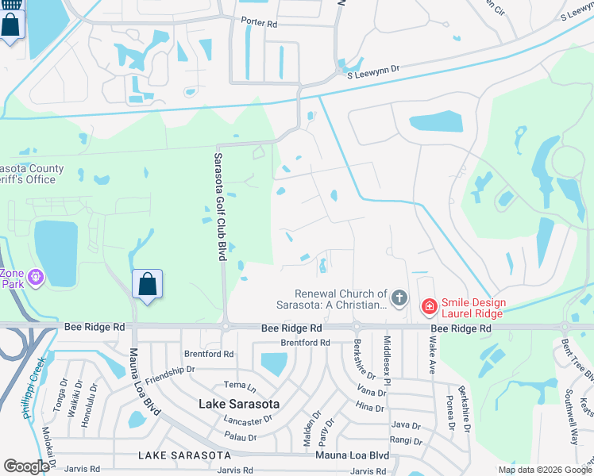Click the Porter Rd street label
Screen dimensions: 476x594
[260, 25]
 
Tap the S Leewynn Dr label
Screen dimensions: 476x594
[373, 71]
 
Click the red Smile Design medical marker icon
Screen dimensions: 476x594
[429, 305]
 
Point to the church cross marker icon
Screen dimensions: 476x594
[399, 299]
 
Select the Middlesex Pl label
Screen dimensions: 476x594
[387, 359]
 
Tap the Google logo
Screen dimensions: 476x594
[27, 466]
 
